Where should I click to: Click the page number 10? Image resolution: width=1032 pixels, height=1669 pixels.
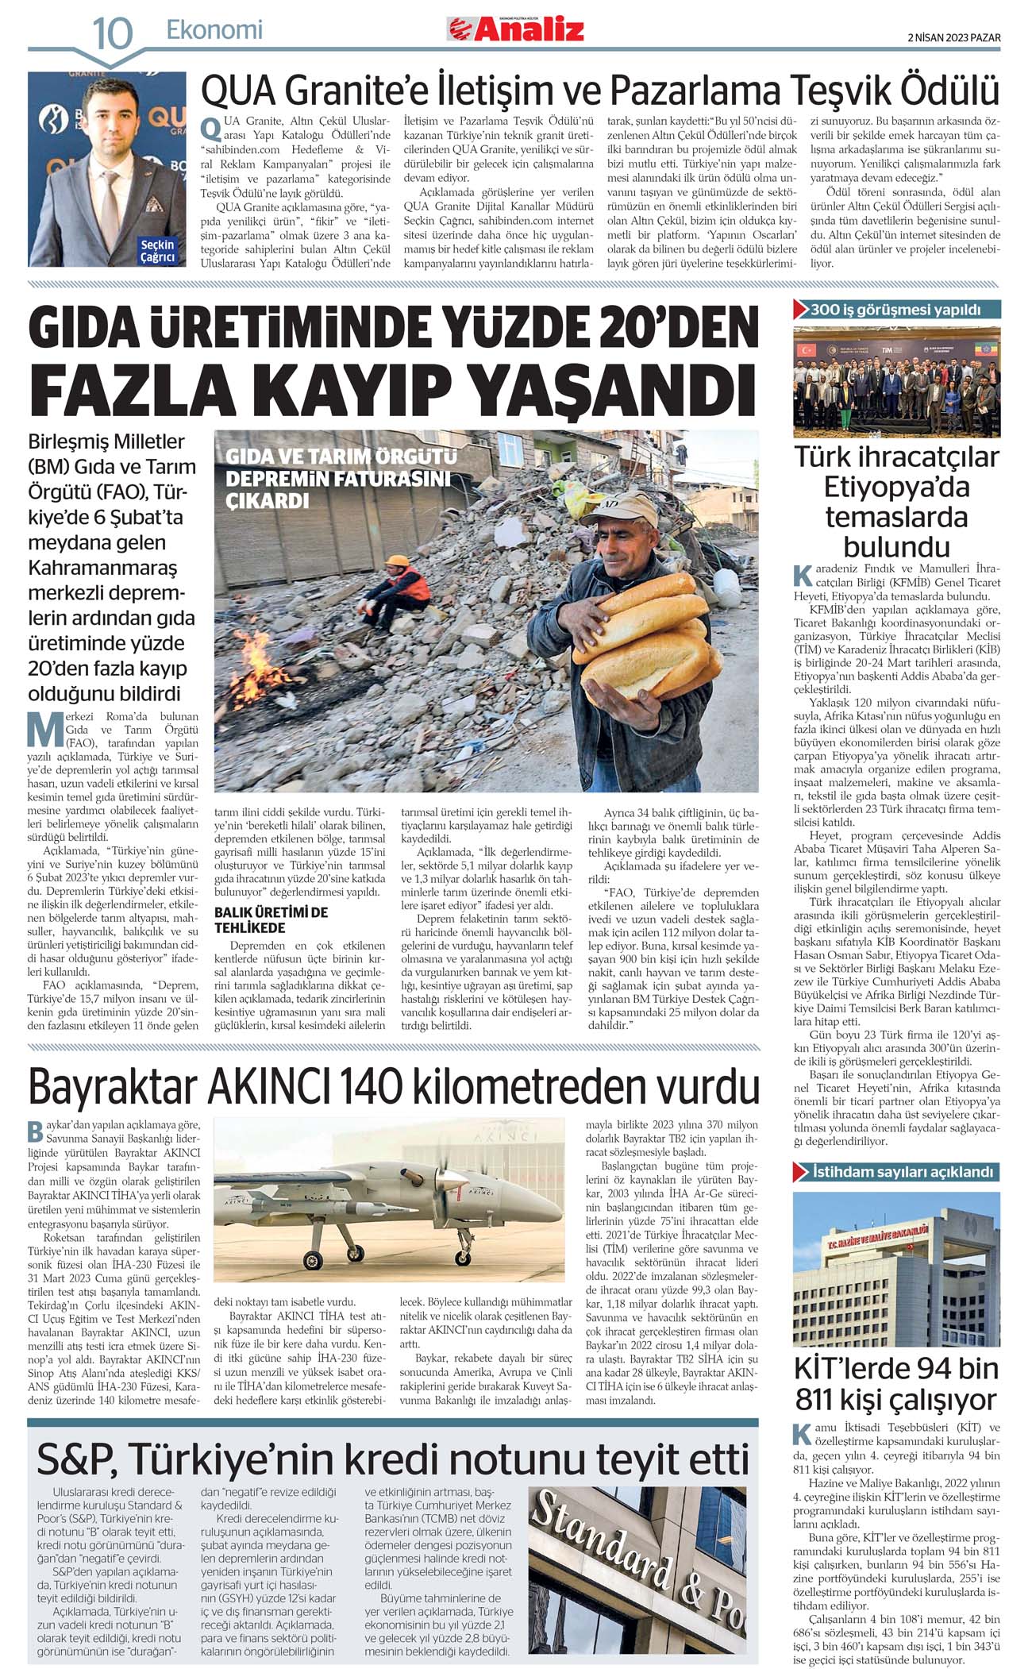pos(113,33)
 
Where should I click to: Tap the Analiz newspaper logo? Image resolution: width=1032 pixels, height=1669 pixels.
pos(516,29)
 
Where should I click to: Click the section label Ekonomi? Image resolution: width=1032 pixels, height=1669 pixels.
pos(214,30)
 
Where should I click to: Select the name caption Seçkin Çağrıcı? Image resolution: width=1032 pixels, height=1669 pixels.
pos(157,251)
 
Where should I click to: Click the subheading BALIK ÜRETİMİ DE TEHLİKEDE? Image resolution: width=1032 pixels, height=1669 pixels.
pos(271,919)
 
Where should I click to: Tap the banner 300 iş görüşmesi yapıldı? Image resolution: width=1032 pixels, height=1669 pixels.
pos(895,310)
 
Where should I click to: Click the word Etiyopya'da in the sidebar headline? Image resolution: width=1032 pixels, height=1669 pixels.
pos(897,486)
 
